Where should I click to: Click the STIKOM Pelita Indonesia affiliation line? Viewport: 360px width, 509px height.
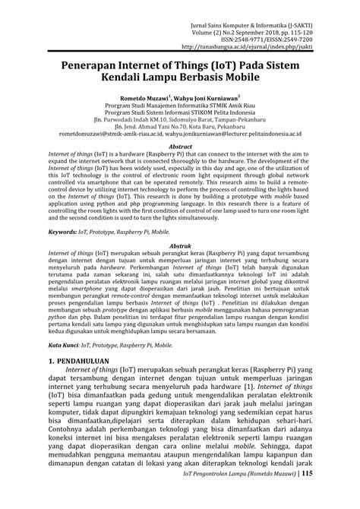click(x=179, y=115)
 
